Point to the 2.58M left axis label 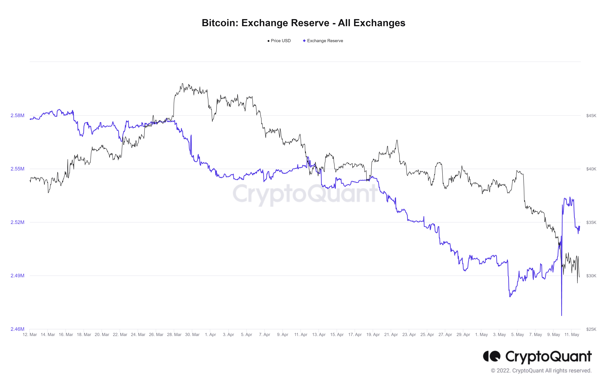coord(17,116)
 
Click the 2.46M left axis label coord(17,329)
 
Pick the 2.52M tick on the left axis coord(17,222)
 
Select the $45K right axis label coord(591,116)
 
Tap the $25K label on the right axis coord(591,329)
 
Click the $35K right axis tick coord(591,223)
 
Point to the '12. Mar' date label coord(30,335)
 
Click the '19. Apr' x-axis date coord(373,335)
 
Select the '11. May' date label coord(572,335)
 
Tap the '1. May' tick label coord(481,335)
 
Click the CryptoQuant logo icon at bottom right coord(491,356)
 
